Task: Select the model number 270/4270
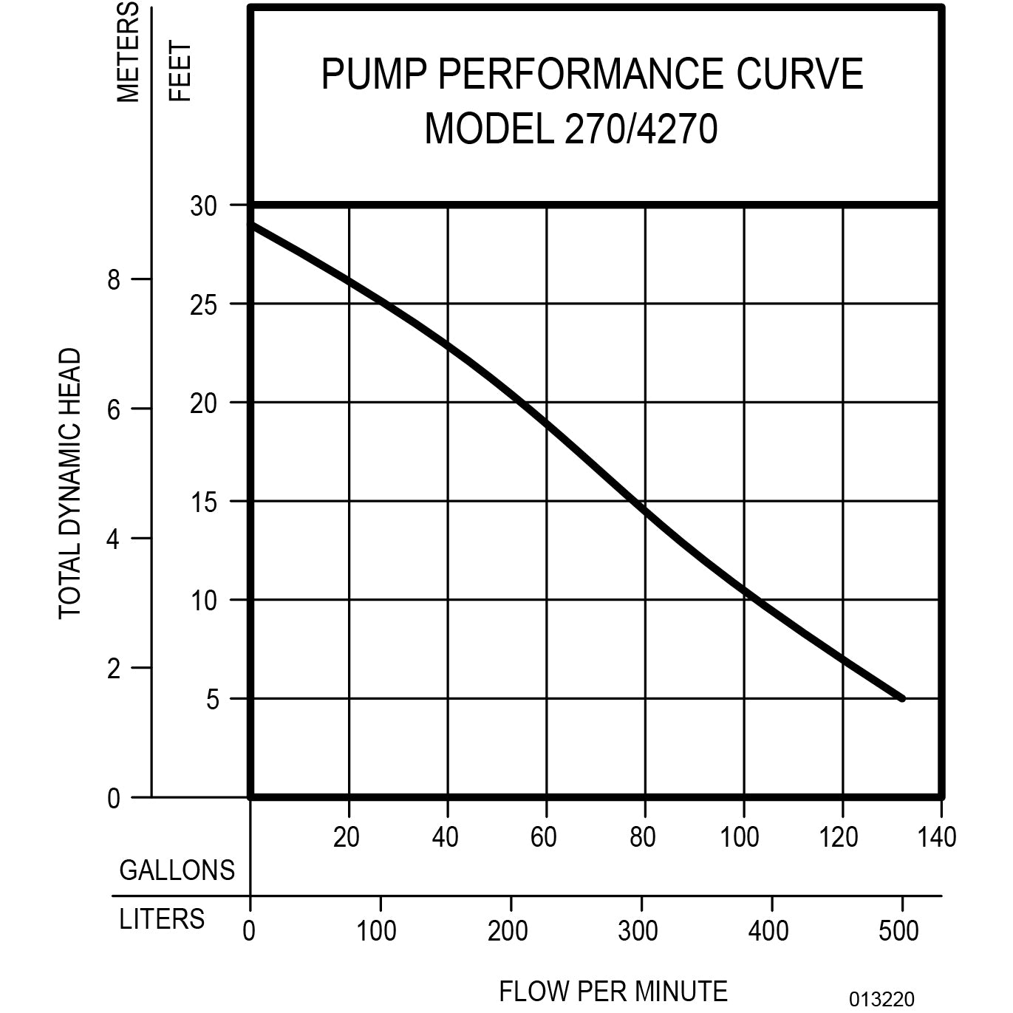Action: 641,130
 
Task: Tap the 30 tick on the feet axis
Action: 203,206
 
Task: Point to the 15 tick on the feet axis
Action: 203,503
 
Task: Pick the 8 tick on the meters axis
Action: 113,280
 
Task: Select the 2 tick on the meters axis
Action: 113,669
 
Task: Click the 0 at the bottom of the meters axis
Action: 113,799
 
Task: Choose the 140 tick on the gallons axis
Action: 938,837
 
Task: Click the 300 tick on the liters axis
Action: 638,931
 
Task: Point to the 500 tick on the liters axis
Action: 898,931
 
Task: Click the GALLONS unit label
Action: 177,870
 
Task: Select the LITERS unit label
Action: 162,919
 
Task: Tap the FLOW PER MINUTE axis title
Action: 613,991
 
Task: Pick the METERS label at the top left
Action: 128,52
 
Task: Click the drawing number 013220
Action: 881,1000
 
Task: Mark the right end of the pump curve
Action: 901,698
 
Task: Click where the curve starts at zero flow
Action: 252,224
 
